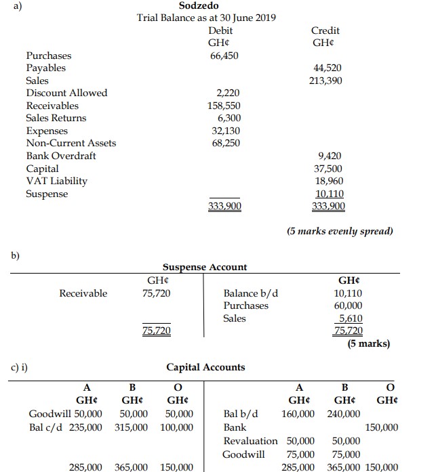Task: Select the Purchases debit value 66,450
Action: [x=224, y=56]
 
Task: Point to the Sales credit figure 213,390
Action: [x=325, y=81]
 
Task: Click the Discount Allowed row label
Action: [x=66, y=93]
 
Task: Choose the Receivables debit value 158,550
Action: [x=224, y=106]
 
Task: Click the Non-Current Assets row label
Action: [x=71, y=143]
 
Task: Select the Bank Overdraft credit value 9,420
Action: [x=330, y=156]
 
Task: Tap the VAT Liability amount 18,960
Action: [x=329, y=181]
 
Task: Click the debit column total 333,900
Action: [x=224, y=207]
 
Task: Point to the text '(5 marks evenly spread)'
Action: [x=340, y=232]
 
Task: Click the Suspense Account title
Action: [x=205, y=267]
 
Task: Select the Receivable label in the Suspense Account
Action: [x=83, y=293]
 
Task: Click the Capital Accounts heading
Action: [x=206, y=367]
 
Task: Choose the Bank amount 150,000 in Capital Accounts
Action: [x=382, y=427]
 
